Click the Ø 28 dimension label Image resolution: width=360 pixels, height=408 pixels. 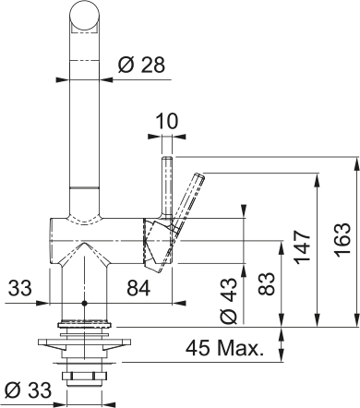[x=141, y=65]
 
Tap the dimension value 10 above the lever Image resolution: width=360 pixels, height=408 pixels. [x=167, y=121]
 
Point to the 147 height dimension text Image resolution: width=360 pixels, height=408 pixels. [x=302, y=246]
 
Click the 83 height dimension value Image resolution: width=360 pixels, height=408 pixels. [x=267, y=283]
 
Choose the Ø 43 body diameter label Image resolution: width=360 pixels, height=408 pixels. [x=229, y=301]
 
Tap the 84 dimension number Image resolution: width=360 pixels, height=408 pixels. [x=138, y=288]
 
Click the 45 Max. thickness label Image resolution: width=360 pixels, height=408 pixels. [x=225, y=348]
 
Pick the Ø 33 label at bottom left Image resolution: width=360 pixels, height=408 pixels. [x=29, y=390]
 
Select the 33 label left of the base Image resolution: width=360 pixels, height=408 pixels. [x=20, y=288]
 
